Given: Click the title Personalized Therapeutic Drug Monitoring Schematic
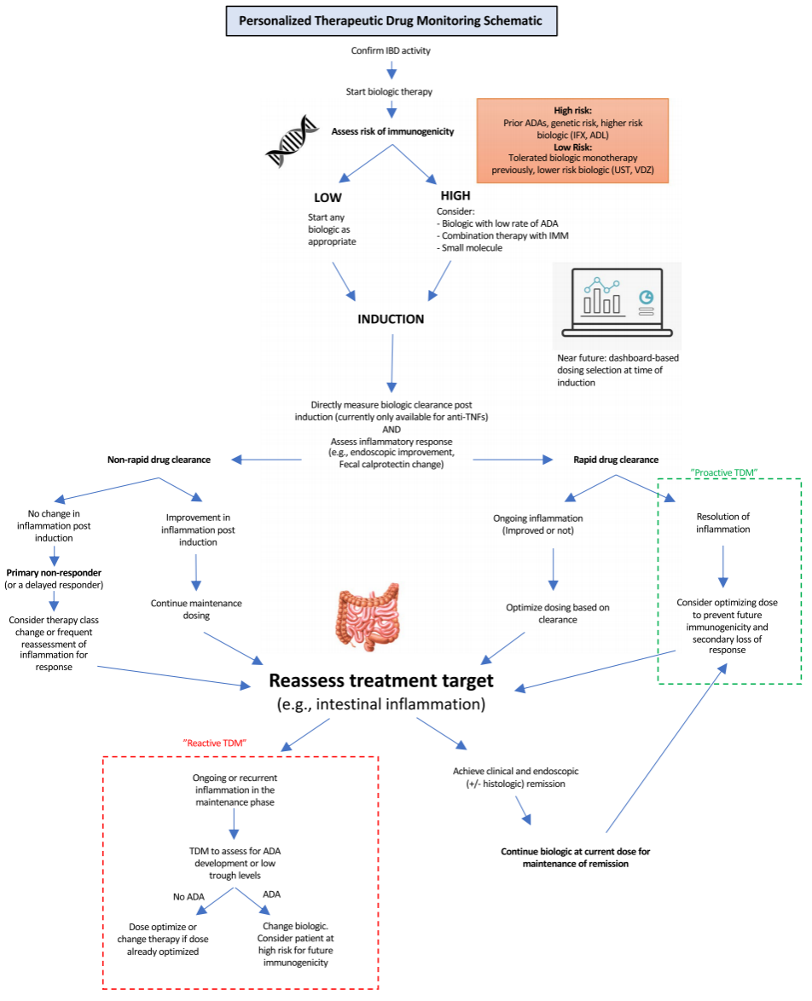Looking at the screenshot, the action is [391, 21].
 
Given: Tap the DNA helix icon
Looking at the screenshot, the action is [292, 141].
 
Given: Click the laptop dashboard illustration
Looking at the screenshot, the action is [617, 303].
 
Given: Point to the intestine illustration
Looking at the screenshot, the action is [368, 616].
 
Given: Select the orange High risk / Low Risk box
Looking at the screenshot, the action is [572, 141].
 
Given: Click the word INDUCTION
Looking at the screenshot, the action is [391, 319].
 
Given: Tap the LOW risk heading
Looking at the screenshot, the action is [328, 198].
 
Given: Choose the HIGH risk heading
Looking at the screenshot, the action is [455, 195].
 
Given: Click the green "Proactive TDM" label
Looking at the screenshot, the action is [724, 472].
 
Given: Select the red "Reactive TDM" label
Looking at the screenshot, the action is [215, 744].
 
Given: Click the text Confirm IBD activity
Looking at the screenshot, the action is [391, 50].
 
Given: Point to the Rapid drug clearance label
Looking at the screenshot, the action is [616, 460].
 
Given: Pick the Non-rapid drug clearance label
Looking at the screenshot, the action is [159, 460].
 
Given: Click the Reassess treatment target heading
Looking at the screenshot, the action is [380, 680].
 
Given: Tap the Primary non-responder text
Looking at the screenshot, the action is [54, 573].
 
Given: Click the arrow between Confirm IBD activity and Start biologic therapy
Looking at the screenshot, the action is [391, 70].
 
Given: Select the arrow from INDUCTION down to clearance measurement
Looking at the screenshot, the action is [391, 363].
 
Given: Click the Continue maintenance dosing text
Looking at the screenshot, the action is [196, 609].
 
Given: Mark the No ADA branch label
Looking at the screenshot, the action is [188, 897].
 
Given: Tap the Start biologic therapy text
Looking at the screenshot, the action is [389, 91].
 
